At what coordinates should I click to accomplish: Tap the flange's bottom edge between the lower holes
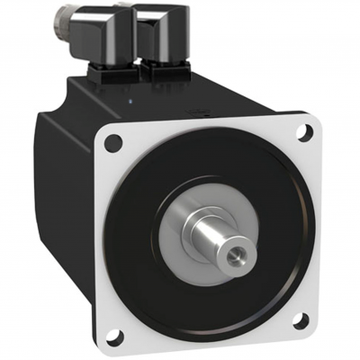[216, 337]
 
